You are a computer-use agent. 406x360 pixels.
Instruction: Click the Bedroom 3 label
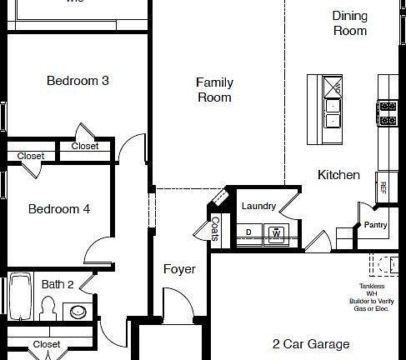tap(78, 81)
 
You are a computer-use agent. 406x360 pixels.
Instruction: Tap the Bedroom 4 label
tap(58, 209)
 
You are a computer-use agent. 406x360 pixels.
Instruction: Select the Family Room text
tap(214, 90)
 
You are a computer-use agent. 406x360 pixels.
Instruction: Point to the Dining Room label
tap(350, 22)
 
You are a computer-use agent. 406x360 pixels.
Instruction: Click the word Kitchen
tap(338, 175)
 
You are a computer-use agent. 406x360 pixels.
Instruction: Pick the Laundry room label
tap(258, 206)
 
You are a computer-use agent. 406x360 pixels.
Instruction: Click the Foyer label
tap(179, 269)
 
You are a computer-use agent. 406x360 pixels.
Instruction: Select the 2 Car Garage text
tap(310, 343)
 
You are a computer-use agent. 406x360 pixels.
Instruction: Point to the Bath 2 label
tap(58, 284)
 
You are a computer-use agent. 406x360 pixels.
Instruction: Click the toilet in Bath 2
tap(48, 309)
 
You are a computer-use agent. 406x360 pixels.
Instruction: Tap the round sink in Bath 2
tap(78, 312)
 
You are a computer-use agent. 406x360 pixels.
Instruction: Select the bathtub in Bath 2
tap(21, 297)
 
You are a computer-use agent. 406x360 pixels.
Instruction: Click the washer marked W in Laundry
tap(276, 233)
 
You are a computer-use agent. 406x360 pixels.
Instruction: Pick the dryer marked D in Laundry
tap(249, 232)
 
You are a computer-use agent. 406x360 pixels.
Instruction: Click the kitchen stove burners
tap(388, 112)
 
